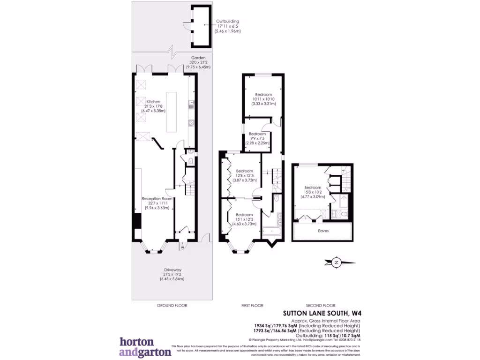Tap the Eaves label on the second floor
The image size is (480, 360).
tap(323, 231)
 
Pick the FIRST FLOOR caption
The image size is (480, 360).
tap(252, 306)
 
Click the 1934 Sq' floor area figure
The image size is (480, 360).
tap(265, 325)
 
